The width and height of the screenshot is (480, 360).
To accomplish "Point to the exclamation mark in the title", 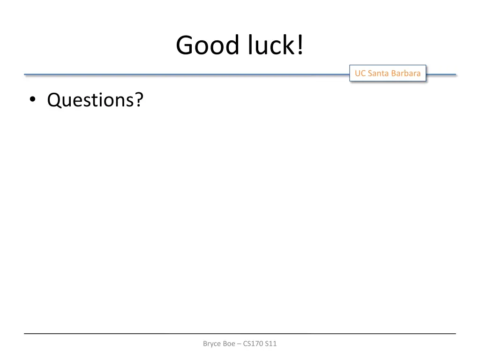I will click(x=299, y=46).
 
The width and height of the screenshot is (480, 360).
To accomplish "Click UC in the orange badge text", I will click(x=360, y=73).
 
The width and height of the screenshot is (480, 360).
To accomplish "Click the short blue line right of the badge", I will click(x=441, y=74).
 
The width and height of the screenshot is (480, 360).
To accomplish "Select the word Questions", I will click(x=90, y=100).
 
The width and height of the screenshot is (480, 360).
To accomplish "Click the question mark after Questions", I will click(x=139, y=99).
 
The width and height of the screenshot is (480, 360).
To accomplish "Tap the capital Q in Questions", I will click(x=54, y=100).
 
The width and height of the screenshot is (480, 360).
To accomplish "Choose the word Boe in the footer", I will click(x=229, y=344).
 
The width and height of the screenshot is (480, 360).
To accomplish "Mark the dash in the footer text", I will click(x=239, y=344).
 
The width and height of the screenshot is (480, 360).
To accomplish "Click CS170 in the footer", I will click(x=253, y=344).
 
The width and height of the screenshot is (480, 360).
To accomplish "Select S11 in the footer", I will click(x=271, y=344).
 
